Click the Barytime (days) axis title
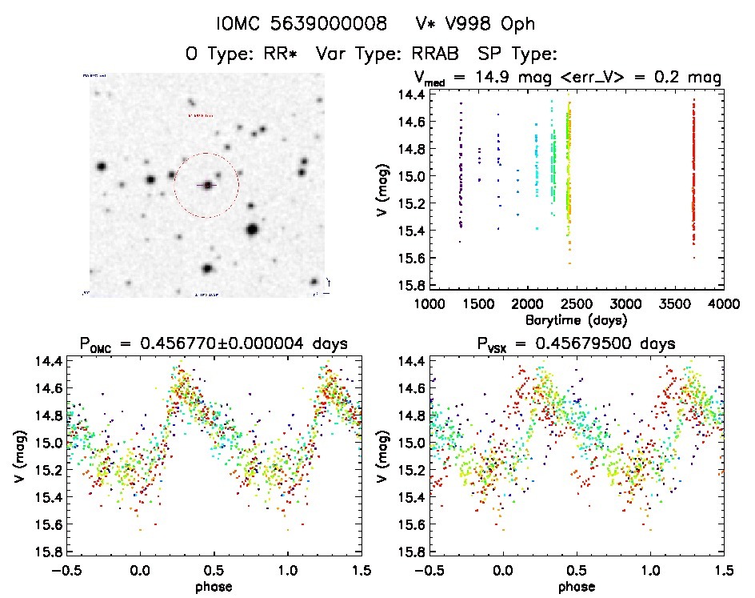click(576, 319)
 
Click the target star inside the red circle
click(207, 185)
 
